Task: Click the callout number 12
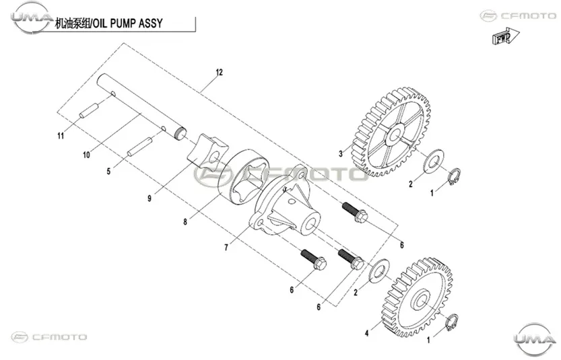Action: click(x=219, y=72)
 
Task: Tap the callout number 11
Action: click(x=61, y=135)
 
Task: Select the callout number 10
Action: click(x=86, y=155)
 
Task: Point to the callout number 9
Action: click(x=150, y=199)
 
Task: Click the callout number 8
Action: click(x=185, y=222)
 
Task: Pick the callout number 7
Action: click(x=226, y=248)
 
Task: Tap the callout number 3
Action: click(x=341, y=153)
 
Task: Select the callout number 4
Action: click(x=367, y=333)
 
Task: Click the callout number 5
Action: click(x=109, y=171)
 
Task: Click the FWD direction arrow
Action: click(x=505, y=36)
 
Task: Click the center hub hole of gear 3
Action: click(x=395, y=135)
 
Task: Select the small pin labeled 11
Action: click(x=90, y=110)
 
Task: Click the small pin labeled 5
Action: click(x=140, y=147)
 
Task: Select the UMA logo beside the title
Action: click(x=32, y=17)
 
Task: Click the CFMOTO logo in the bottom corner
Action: click(x=49, y=337)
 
